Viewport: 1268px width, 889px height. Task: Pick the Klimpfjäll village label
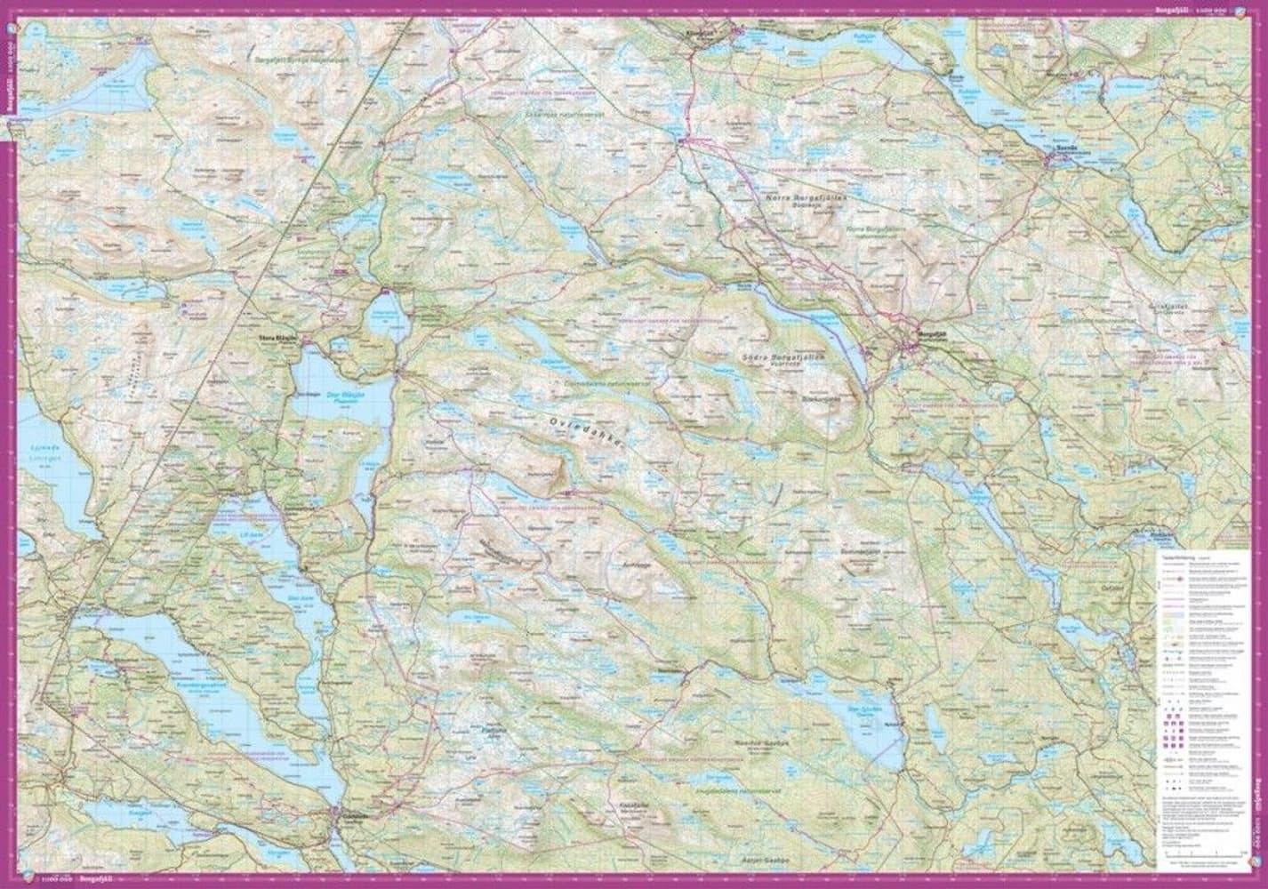click(701, 29)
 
